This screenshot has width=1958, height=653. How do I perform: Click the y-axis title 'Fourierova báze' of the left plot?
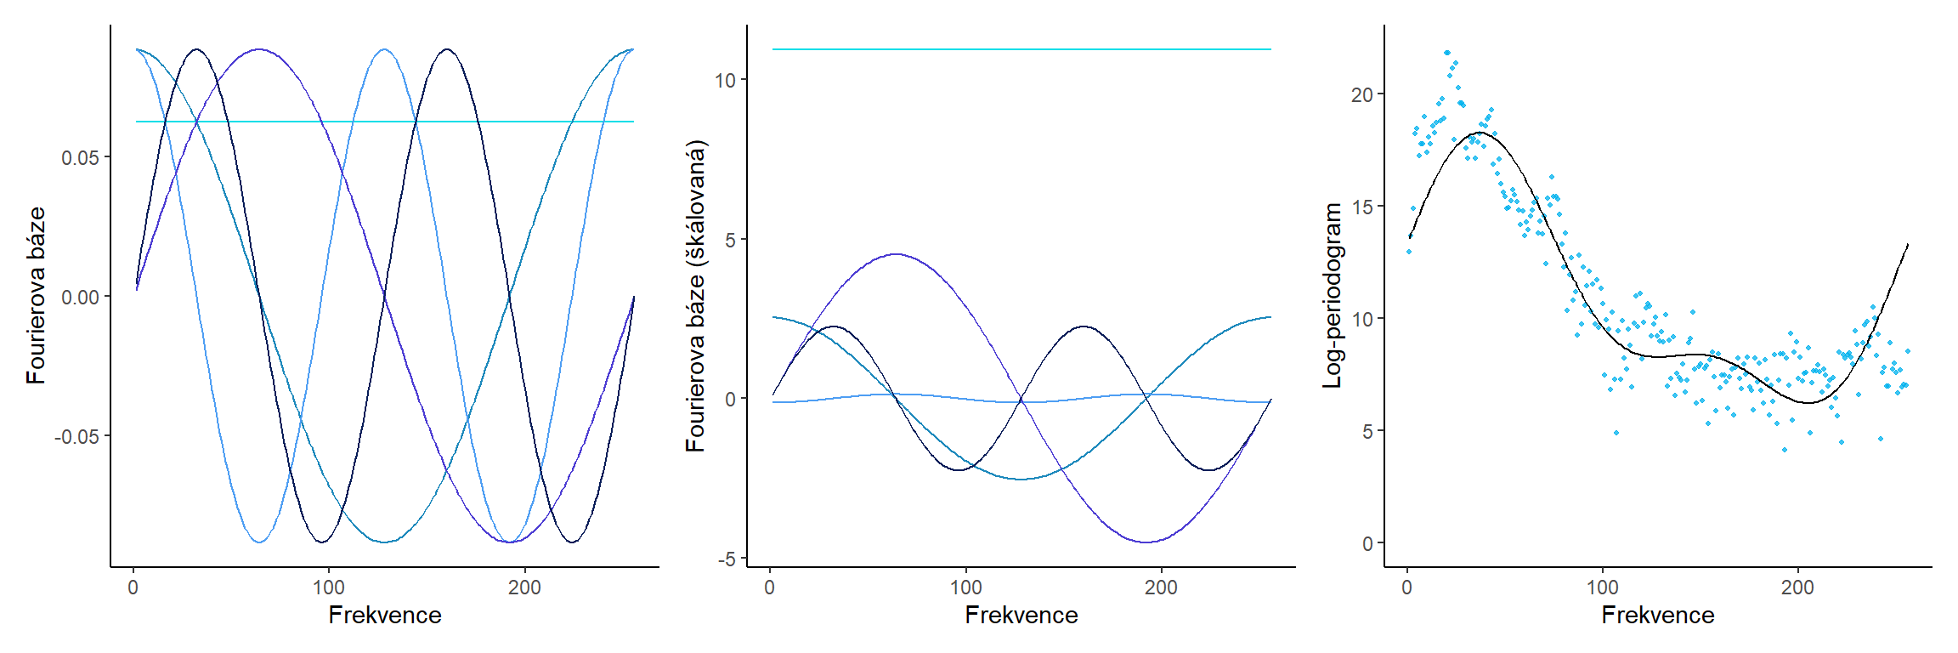coord(36,296)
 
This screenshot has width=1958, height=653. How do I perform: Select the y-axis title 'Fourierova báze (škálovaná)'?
coord(696,296)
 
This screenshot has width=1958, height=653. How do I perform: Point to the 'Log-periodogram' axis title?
coord(1333,296)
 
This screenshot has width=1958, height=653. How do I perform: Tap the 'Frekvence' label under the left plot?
coord(385,615)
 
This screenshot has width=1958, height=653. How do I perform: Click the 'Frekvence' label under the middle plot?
coord(1021,615)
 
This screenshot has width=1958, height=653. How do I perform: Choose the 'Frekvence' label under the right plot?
coord(1657,615)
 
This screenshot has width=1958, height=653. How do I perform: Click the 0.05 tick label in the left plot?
coord(80,157)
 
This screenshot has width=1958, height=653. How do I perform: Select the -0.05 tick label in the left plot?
coord(76,436)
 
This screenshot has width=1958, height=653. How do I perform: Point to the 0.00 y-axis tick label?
coord(80,297)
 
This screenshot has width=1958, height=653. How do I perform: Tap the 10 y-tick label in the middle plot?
coord(725,80)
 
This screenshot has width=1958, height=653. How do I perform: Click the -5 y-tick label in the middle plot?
coord(727,559)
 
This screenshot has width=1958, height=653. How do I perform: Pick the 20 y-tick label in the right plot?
coord(1361,94)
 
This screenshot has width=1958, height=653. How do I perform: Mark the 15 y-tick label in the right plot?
coord(1361,207)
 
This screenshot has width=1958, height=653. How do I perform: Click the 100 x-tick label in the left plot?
coord(329,588)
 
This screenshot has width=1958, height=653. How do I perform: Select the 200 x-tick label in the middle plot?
coord(1161,588)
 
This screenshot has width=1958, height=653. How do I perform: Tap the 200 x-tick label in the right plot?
coord(1797,588)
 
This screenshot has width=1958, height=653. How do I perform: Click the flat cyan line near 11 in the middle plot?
coord(1021,49)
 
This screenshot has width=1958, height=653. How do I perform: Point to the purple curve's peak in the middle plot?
coord(896,253)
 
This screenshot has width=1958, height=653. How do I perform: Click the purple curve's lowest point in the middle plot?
coord(1146,542)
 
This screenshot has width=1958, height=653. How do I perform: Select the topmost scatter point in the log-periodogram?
coord(1447,53)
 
